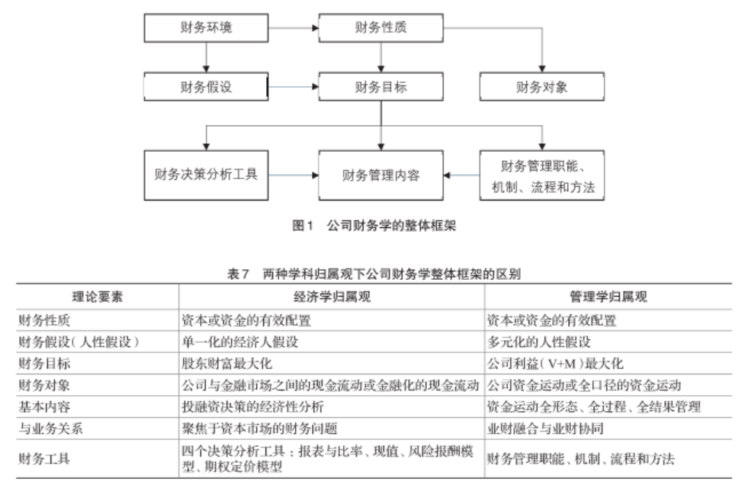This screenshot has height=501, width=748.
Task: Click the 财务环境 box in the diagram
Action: point(206,29)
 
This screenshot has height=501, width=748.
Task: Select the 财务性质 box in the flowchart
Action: point(381,29)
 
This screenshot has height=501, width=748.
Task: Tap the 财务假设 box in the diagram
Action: point(206,87)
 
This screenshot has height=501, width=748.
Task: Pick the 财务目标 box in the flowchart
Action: point(381,87)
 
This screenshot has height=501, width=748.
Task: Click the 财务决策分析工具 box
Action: point(206,175)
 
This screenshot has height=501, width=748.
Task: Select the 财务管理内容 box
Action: point(381,175)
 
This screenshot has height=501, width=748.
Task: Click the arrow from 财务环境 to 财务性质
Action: point(294,29)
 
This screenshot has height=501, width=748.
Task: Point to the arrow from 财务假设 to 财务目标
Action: point(294,87)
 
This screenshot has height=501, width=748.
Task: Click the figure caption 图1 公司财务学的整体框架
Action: point(374,226)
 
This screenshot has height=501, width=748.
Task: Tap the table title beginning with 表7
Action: point(374,272)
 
